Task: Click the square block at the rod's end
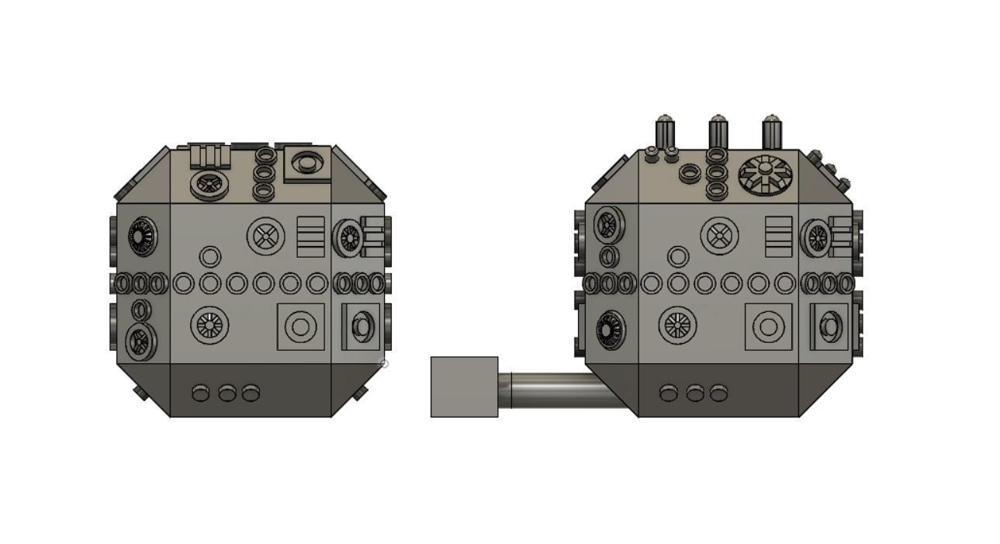pyautogui.click(x=464, y=386)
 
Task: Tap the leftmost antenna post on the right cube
pyautogui.click(x=664, y=131)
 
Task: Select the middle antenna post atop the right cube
pyautogui.click(x=718, y=131)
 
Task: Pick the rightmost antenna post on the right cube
pyautogui.click(x=771, y=131)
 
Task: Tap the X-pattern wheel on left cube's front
pyautogui.click(x=266, y=235)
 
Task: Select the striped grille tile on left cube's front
pyautogui.click(x=311, y=236)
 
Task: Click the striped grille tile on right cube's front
pyautogui.click(x=778, y=236)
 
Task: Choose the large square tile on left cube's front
pyautogui.click(x=300, y=327)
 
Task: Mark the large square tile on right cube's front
pyautogui.click(x=768, y=327)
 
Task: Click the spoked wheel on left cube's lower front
pyautogui.click(x=209, y=325)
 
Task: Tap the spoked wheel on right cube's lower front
pyautogui.click(x=677, y=325)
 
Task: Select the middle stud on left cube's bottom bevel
pyautogui.click(x=227, y=393)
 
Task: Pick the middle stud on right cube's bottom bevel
pyautogui.click(x=694, y=393)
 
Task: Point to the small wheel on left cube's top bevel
pyautogui.click(x=207, y=185)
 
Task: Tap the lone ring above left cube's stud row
pyautogui.click(x=209, y=257)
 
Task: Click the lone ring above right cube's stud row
pyautogui.click(x=678, y=256)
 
